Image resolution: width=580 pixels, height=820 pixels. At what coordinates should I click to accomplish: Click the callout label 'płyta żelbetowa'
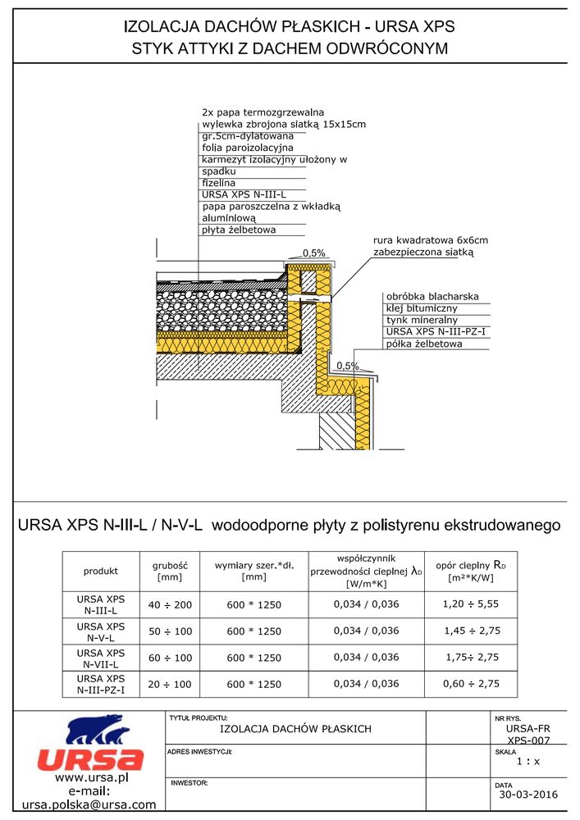click(239, 230)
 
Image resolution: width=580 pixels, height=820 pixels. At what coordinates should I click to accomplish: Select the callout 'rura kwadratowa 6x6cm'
click(430, 240)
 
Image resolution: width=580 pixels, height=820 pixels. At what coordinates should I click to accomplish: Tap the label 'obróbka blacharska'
click(432, 296)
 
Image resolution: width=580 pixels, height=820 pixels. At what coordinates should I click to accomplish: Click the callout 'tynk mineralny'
click(422, 320)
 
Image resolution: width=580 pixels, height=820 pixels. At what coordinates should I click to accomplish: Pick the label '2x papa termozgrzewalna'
click(263, 112)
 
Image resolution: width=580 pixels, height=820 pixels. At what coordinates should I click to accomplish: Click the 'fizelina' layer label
click(218, 183)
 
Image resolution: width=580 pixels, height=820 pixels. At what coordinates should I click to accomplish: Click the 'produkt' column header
click(101, 571)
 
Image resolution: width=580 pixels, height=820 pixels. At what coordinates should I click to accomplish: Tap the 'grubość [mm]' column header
click(171, 571)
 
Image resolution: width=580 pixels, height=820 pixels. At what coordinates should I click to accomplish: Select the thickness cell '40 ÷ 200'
click(170, 604)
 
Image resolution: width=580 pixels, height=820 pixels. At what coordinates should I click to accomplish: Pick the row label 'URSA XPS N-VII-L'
click(101, 657)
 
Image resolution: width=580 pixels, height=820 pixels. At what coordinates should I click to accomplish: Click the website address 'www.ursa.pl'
click(89, 777)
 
